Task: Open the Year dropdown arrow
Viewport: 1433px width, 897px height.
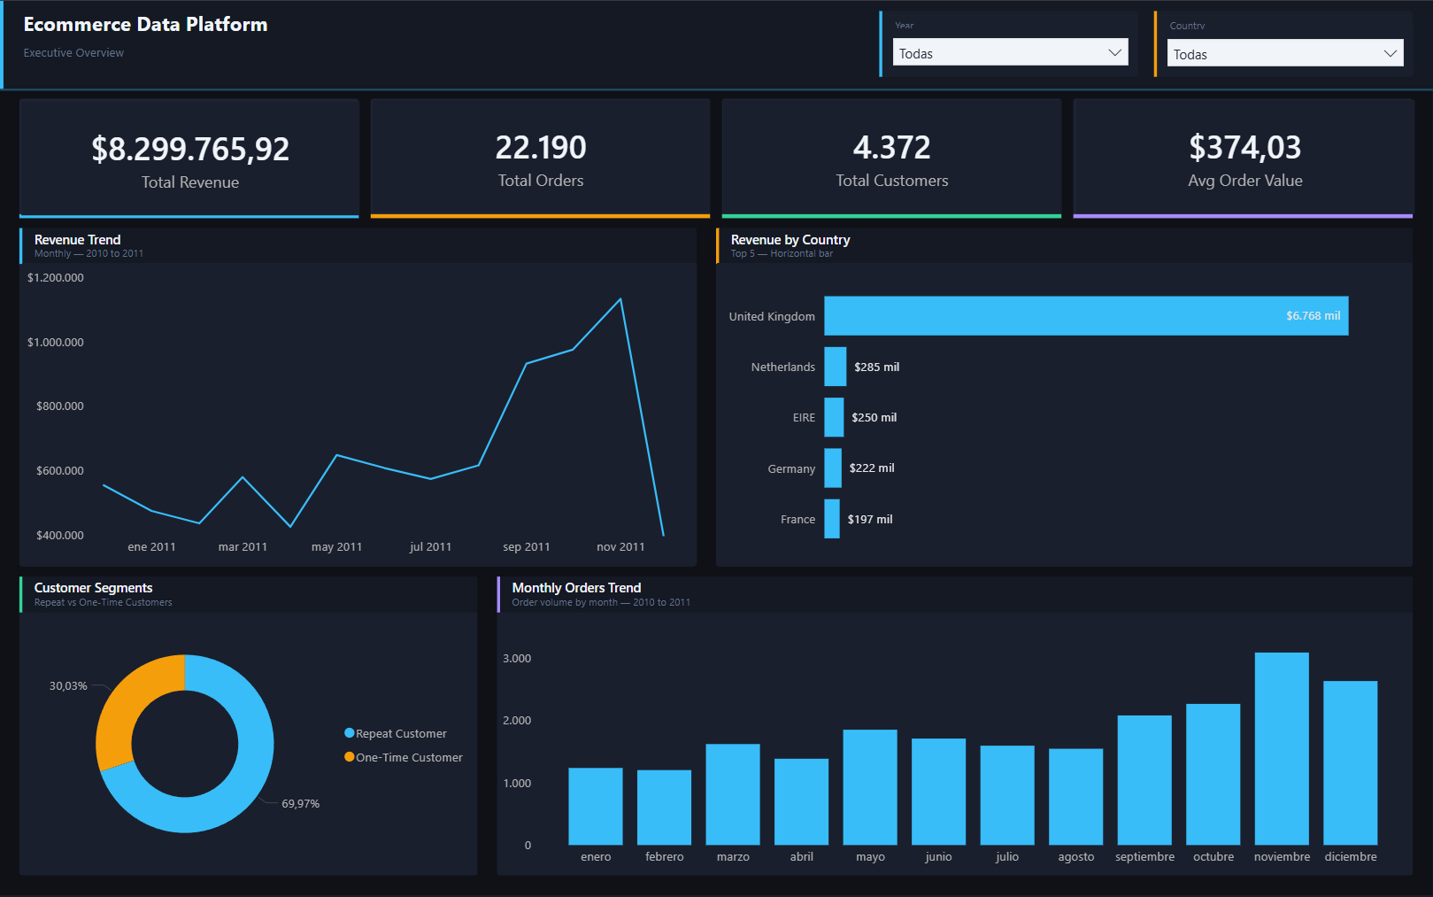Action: pyautogui.click(x=1114, y=53)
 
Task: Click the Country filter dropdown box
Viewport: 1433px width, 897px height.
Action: pyautogui.click(x=1284, y=54)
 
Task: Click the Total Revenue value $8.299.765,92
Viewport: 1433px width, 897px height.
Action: pyautogui.click(x=190, y=149)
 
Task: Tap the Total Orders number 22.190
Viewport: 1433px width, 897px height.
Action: pyautogui.click(x=541, y=147)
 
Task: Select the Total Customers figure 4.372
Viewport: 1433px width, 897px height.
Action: pyautogui.click(x=891, y=147)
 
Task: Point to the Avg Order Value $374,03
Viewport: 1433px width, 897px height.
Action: pyautogui.click(x=1244, y=147)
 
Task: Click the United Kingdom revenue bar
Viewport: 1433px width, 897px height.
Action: pyautogui.click(x=1085, y=316)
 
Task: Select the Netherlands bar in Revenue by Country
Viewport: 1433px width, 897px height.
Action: pyautogui.click(x=835, y=367)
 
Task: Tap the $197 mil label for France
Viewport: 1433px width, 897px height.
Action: pyautogui.click(x=869, y=520)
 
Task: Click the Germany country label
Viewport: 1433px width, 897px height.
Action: pyautogui.click(x=790, y=469)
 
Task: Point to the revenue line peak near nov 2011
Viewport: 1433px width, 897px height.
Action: pyautogui.click(x=620, y=299)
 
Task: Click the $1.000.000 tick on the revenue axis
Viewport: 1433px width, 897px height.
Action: pyautogui.click(x=56, y=343)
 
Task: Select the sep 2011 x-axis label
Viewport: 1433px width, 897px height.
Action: pyautogui.click(x=526, y=547)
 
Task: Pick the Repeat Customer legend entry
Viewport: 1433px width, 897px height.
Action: pyautogui.click(x=400, y=734)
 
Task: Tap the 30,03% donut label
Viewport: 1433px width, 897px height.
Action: pyautogui.click(x=68, y=686)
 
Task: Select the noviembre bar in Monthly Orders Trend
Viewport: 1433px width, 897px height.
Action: pyautogui.click(x=1281, y=749)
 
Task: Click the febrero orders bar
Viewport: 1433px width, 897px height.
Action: pyautogui.click(x=664, y=807)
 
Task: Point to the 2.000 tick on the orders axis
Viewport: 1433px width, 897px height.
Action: pyautogui.click(x=517, y=721)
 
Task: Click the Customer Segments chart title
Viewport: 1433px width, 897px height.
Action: pyautogui.click(x=93, y=588)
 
